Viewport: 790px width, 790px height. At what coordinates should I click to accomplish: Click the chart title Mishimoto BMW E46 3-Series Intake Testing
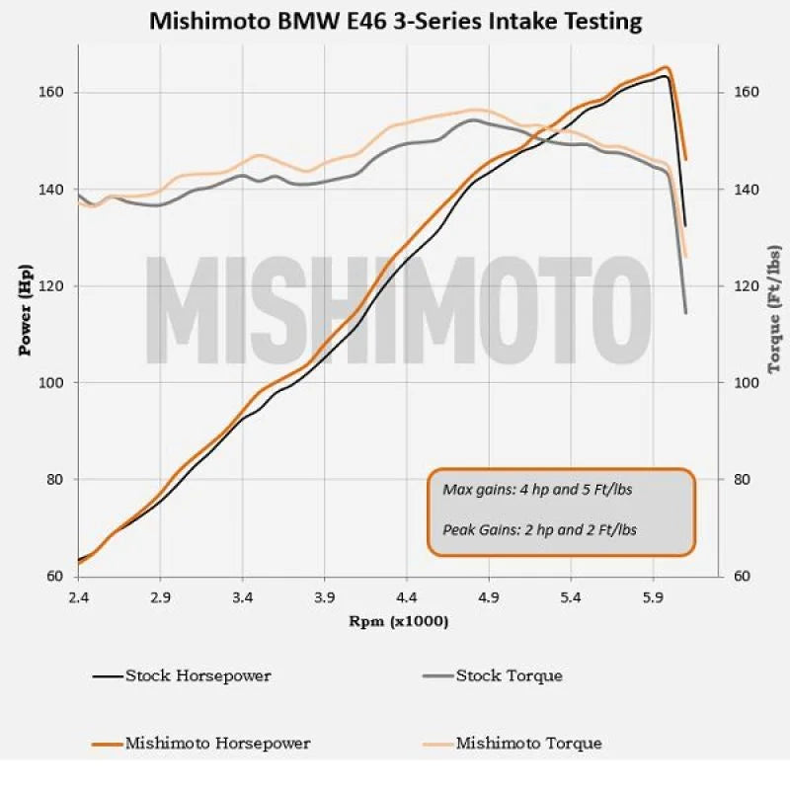click(x=395, y=21)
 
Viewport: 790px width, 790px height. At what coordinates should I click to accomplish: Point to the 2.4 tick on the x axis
click(x=78, y=598)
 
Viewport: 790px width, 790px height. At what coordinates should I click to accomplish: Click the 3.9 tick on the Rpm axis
click(x=324, y=598)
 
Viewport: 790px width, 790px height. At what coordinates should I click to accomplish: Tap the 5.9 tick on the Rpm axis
click(x=652, y=598)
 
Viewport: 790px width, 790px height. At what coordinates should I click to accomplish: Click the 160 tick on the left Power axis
click(x=50, y=92)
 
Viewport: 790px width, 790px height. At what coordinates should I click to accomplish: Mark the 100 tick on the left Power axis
click(x=50, y=382)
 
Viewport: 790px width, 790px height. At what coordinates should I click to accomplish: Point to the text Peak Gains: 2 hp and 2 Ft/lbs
click(x=540, y=529)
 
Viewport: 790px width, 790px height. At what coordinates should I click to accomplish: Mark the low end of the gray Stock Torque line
click(x=685, y=313)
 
